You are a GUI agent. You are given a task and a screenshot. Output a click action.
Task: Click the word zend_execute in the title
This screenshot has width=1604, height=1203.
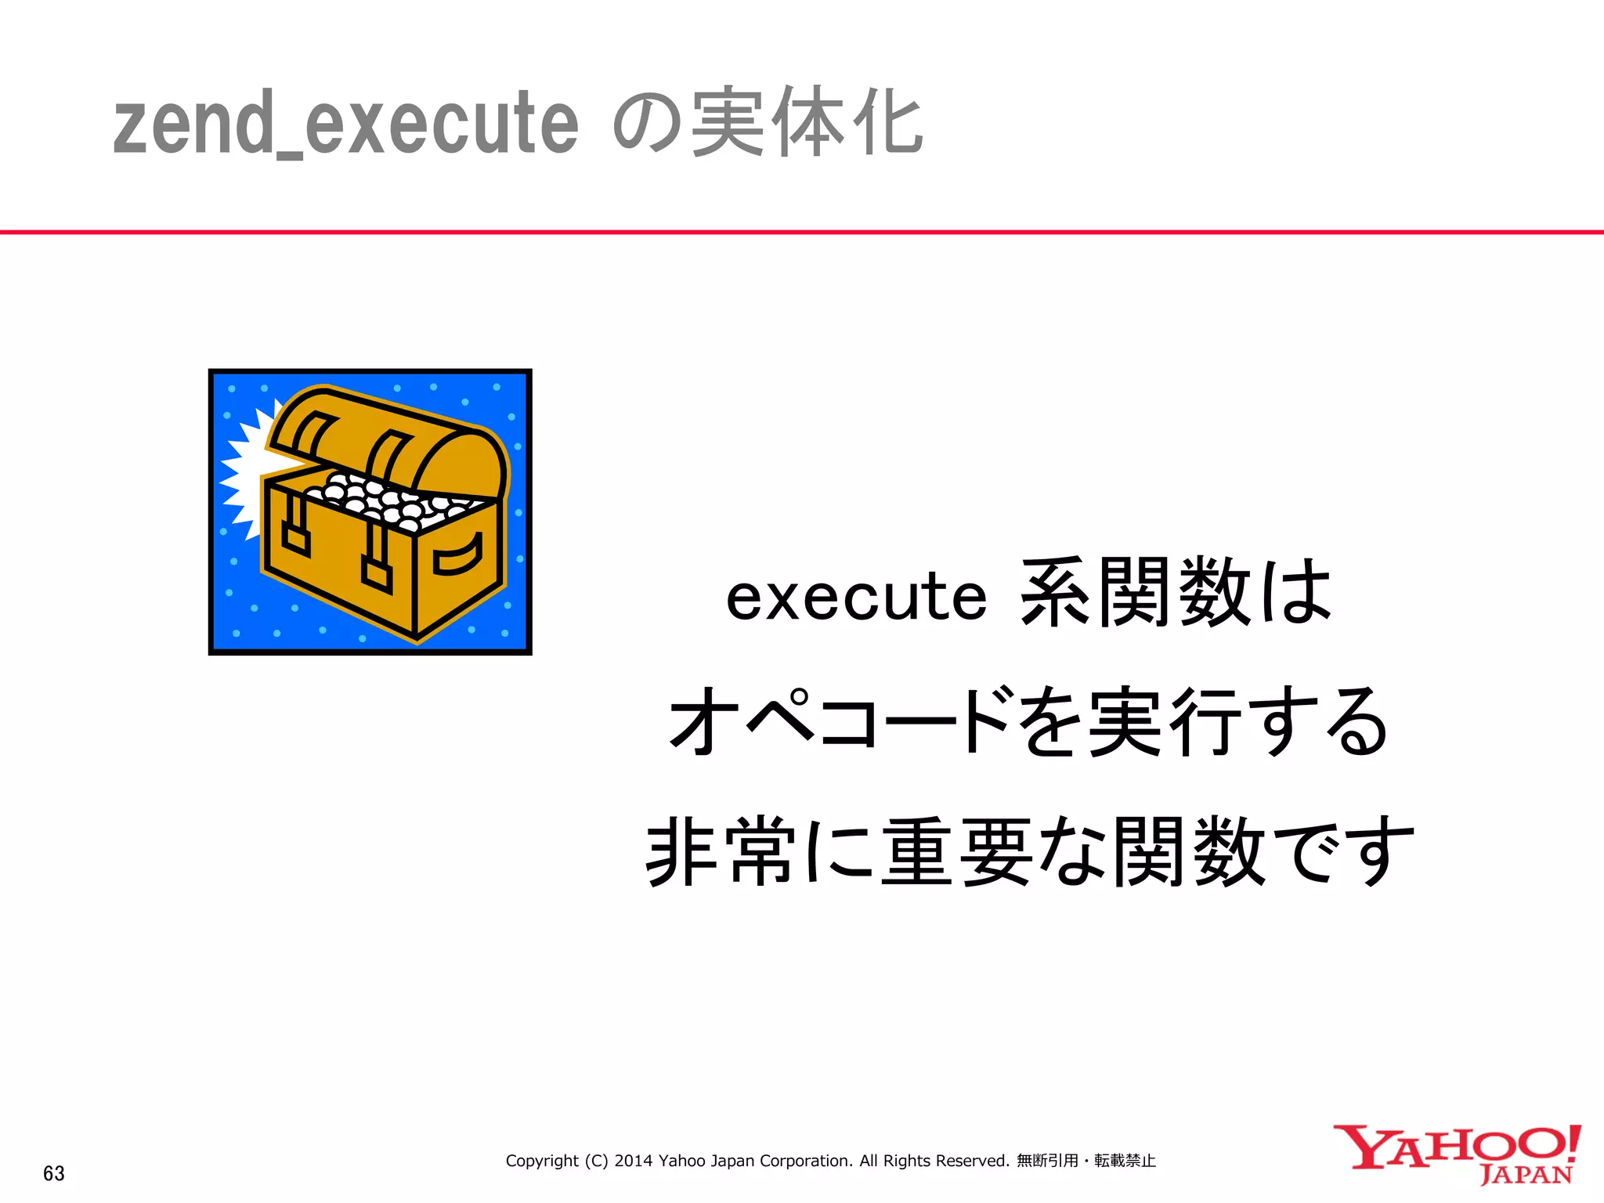coord(345,124)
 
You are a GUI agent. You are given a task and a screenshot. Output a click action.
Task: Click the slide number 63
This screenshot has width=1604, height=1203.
coord(54,1173)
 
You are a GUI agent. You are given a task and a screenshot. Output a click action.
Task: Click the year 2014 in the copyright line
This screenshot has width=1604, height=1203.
coord(633,1161)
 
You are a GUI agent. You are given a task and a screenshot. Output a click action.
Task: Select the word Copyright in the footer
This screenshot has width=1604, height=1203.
coord(542,1161)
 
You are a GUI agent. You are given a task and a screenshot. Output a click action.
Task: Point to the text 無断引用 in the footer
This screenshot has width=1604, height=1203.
coord(1047,1161)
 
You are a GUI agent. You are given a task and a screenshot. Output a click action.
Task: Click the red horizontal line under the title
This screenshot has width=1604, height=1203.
coord(802,232)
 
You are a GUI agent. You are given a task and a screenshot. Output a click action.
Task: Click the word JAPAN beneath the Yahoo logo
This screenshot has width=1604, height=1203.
coord(1526,1175)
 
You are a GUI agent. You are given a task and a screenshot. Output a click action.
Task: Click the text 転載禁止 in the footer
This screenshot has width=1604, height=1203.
coord(1125,1161)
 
